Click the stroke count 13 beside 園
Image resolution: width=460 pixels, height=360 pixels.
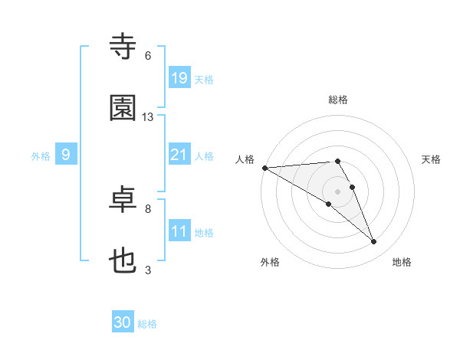[x=148, y=117]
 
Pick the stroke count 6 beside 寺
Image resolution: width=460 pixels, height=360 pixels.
[x=148, y=56]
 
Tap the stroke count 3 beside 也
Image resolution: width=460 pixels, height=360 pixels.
[x=148, y=270]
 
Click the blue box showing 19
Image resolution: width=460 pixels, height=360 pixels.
[x=179, y=77]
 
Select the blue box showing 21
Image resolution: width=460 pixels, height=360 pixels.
[x=179, y=155]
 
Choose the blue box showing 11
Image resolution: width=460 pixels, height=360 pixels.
[x=179, y=231]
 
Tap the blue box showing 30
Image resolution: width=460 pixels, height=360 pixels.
[x=123, y=322]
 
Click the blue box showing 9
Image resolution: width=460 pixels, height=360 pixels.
[x=66, y=155]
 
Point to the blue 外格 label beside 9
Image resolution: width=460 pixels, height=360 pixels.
[x=41, y=155]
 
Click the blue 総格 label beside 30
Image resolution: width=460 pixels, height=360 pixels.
[x=147, y=324]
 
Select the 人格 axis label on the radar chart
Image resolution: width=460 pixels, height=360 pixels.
[x=245, y=159]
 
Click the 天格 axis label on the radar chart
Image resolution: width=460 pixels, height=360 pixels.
[x=432, y=159]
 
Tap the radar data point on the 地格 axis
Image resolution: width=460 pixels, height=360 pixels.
[x=374, y=242]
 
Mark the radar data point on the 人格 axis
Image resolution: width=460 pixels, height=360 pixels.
[x=264, y=168]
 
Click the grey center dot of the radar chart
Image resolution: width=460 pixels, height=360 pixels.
[x=338, y=191]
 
